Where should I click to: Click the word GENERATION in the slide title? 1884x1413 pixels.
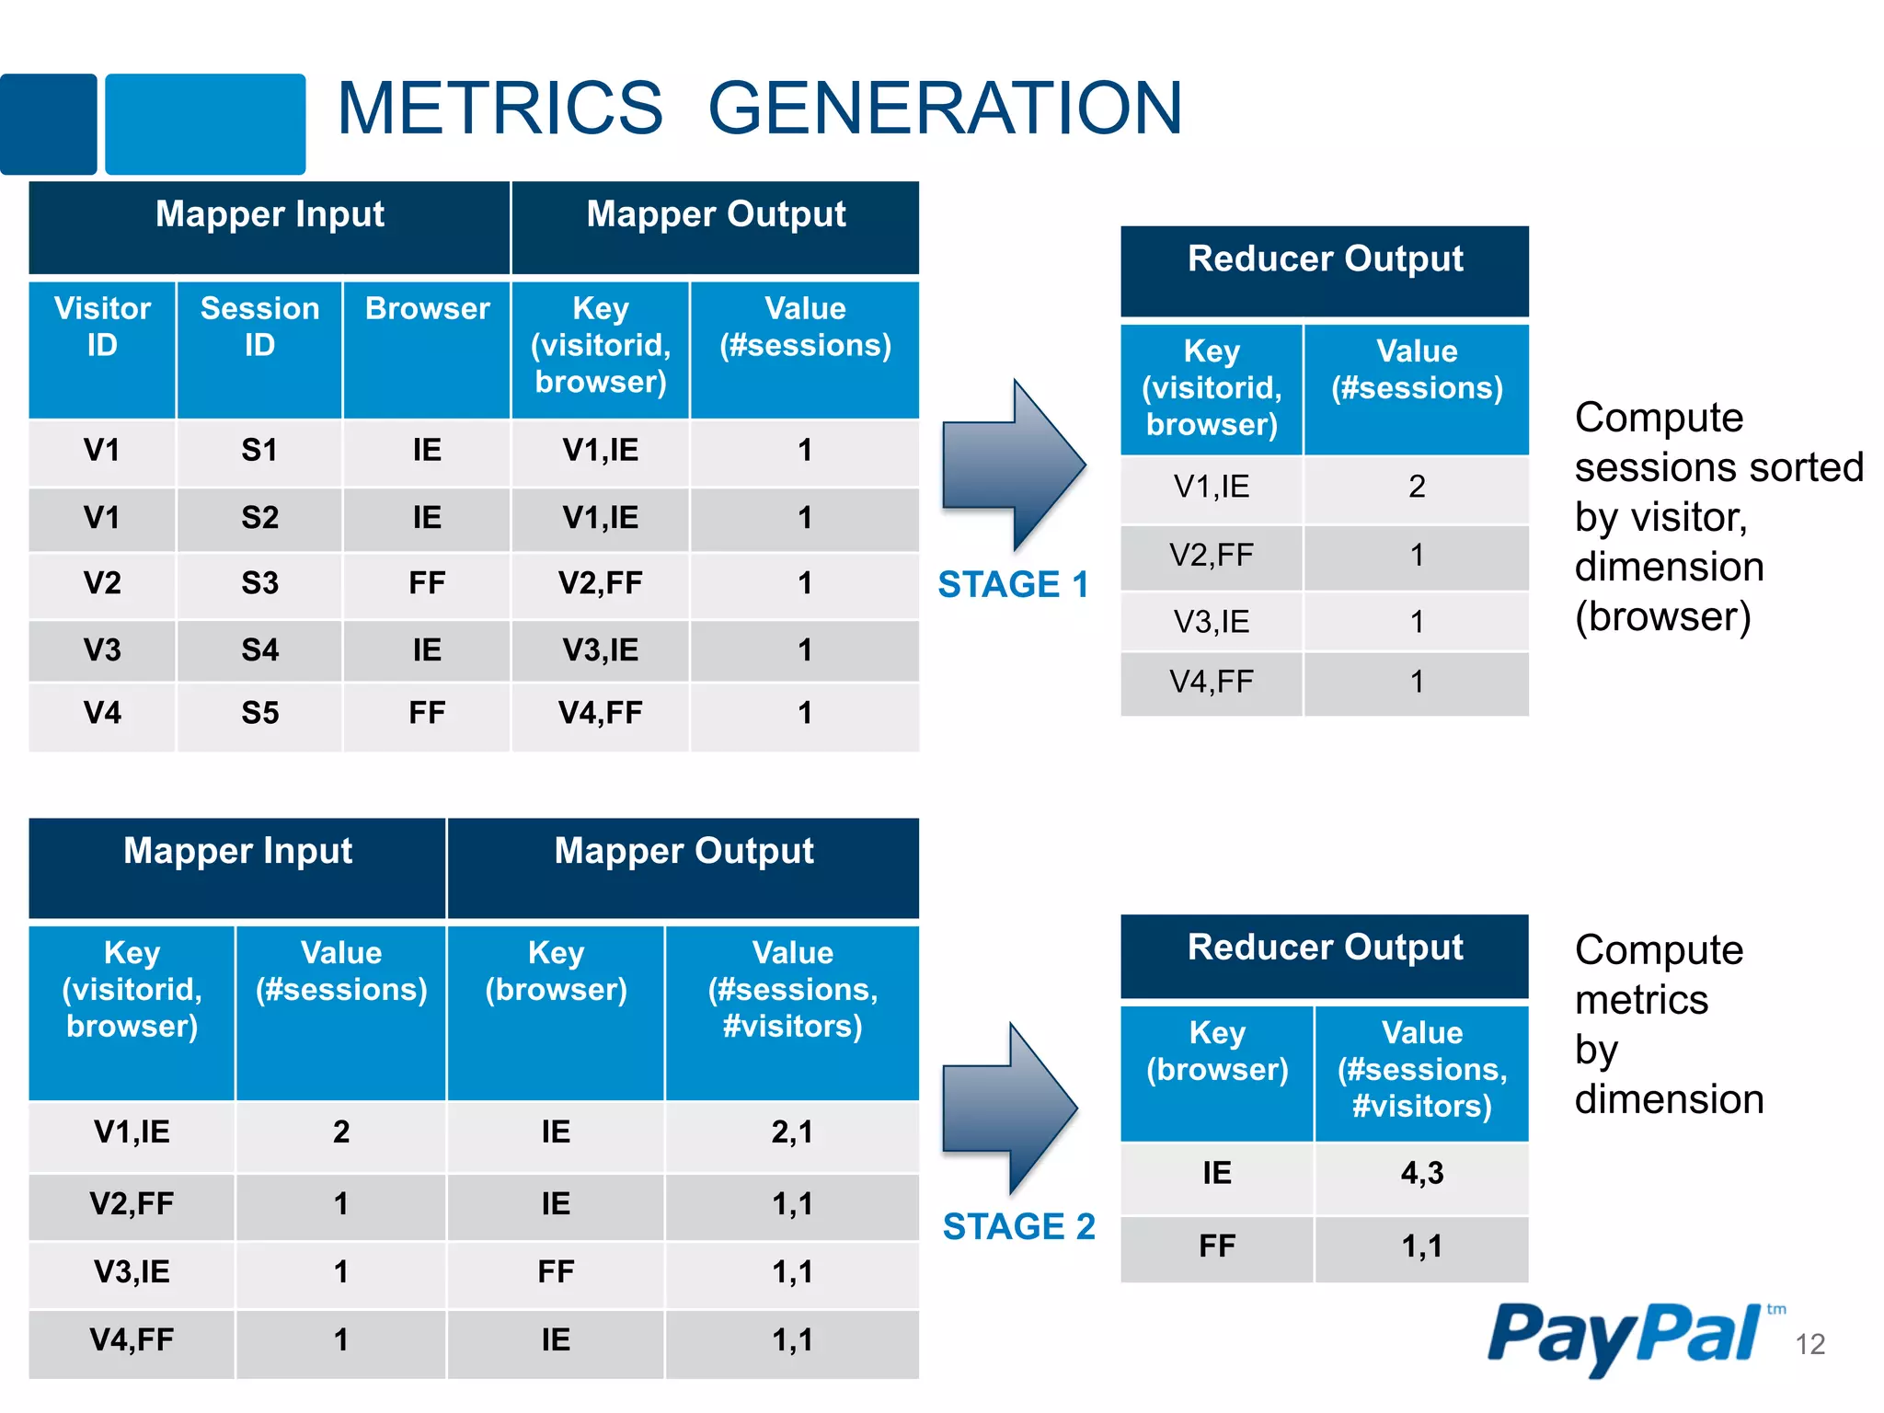tap(945, 109)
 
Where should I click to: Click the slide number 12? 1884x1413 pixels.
tap(1809, 1344)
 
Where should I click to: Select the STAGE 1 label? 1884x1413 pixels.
tap(1013, 584)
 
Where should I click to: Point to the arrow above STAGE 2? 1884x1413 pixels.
tap(1010, 1109)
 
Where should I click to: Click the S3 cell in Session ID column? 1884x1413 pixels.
tap(259, 583)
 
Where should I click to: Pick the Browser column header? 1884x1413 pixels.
tap(427, 309)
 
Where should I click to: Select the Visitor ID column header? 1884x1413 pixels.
tap(102, 327)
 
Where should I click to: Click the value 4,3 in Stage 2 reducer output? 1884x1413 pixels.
tap(1421, 1173)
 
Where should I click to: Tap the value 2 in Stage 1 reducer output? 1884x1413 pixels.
tap(1417, 487)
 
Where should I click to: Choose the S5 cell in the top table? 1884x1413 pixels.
tap(259, 713)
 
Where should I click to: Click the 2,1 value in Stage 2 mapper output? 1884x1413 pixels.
tap(792, 1132)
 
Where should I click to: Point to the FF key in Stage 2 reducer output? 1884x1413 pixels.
tap(1216, 1246)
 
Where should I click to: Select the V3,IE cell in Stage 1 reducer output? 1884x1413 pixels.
tap(1212, 622)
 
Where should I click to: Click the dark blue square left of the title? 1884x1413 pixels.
tap(48, 124)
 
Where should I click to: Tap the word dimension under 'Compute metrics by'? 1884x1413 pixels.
tap(1669, 1099)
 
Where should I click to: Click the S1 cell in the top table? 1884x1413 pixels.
tap(259, 451)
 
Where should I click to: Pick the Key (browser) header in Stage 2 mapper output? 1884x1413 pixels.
tap(556, 971)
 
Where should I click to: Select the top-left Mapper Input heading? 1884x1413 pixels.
tap(270, 214)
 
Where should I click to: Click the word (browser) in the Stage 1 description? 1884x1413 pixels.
tap(1662, 616)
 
